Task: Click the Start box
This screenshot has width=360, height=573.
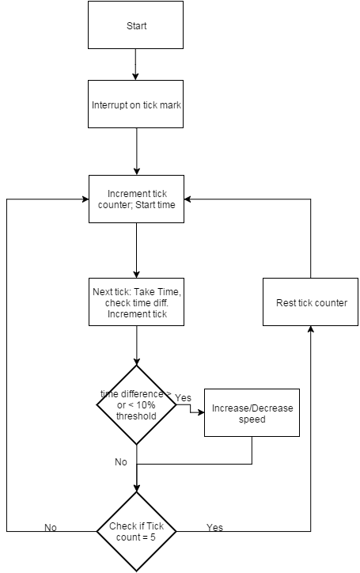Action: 135,25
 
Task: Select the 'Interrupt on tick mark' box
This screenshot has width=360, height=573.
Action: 135,104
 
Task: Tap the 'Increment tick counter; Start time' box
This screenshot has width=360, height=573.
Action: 136,199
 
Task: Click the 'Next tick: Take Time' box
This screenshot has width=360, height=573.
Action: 136,302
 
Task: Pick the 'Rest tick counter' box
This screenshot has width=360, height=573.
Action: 311,302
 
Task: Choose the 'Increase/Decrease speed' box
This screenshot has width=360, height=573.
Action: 252,412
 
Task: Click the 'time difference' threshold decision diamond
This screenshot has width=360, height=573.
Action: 136,405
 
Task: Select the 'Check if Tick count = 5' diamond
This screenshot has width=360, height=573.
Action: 136,531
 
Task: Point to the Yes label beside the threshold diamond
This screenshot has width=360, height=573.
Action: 183,397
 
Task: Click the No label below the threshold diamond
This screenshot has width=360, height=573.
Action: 121,462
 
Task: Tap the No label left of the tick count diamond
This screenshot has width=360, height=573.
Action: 51,527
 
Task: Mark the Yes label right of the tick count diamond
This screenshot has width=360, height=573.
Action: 214,527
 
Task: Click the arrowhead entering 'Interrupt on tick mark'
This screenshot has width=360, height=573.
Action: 135,77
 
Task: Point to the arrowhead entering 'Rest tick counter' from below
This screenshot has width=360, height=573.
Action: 311,329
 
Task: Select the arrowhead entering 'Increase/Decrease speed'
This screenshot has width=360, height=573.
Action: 201,412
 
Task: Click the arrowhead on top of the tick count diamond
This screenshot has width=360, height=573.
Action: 136,488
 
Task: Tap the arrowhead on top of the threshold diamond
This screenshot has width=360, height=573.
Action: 136,362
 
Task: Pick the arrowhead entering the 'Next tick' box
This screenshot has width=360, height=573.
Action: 136,275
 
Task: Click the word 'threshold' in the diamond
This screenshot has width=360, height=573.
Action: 136,416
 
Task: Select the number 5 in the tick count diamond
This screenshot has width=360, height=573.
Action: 153,537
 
